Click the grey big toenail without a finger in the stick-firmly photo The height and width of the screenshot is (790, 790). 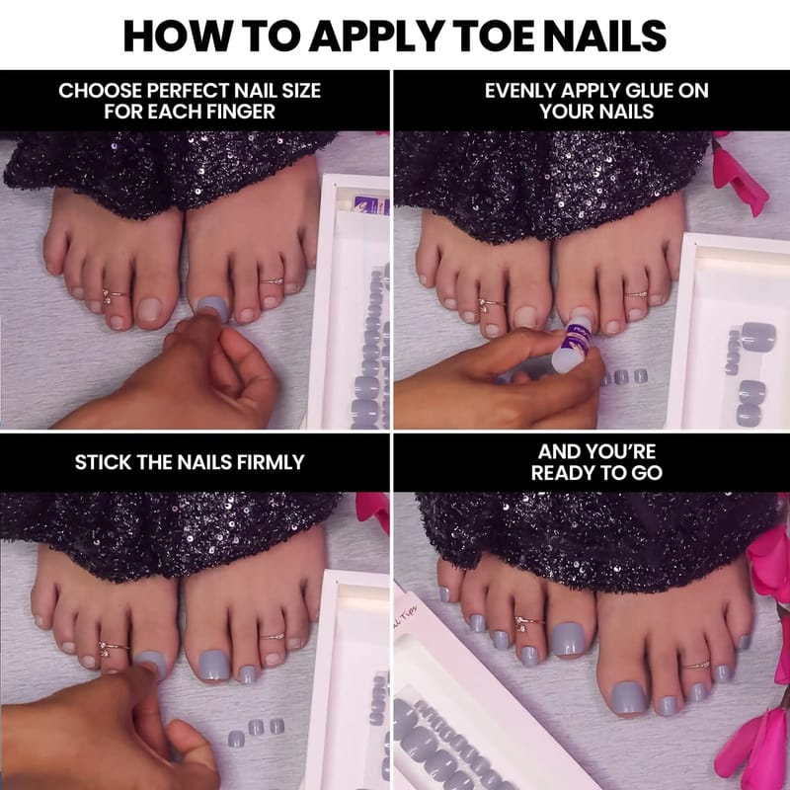213,666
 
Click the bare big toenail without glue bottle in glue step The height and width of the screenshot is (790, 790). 525,316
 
